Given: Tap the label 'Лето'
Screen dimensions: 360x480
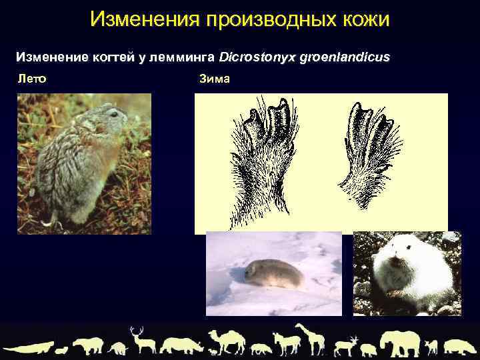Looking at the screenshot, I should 31,79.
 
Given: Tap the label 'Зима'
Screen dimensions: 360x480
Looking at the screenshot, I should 214,79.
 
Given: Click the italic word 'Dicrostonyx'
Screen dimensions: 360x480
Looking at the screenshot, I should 265,57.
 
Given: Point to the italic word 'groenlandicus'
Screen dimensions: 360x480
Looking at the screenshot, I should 347,57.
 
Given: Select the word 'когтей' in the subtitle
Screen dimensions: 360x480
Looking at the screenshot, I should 125,57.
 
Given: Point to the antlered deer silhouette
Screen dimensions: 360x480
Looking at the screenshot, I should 141,340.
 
